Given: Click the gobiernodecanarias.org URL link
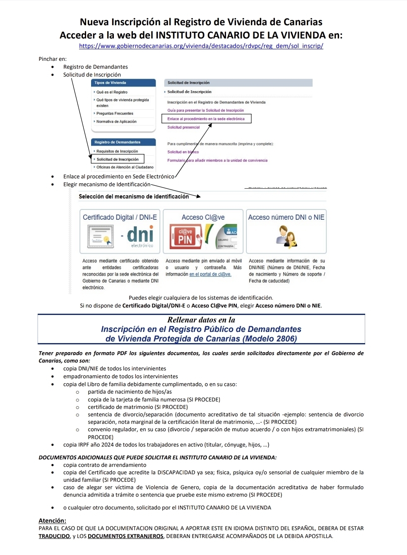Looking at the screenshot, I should click(x=201, y=46).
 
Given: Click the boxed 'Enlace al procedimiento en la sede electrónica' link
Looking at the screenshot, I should click(x=206, y=119).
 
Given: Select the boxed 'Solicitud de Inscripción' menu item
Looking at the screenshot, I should click(x=118, y=159).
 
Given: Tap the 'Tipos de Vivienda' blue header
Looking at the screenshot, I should click(x=123, y=83).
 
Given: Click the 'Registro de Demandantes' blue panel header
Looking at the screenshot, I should click(x=123, y=142).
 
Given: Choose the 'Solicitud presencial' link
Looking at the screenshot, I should click(x=183, y=127).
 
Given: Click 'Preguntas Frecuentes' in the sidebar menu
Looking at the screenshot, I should click(x=115, y=113).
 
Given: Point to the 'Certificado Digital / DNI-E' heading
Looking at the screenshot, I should click(x=120, y=217).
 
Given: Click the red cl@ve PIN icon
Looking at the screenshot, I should click(x=185, y=236).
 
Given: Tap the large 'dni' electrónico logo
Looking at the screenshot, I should click(x=140, y=235).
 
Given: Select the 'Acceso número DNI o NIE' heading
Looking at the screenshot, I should click(x=286, y=217).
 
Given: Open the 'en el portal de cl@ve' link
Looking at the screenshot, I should click(x=210, y=274).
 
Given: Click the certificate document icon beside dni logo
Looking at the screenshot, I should click(x=100, y=236).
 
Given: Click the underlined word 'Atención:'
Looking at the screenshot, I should click(x=52, y=521).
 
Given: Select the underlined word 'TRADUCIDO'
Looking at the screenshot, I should click(x=54, y=536).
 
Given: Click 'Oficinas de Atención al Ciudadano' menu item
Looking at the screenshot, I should click(x=125, y=167).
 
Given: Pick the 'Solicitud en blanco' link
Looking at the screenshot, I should click(x=183, y=152).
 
